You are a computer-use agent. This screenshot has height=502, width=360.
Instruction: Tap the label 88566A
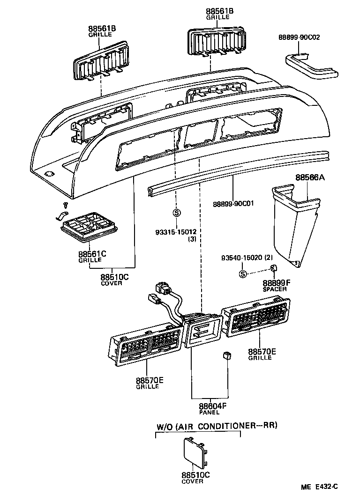[310, 178]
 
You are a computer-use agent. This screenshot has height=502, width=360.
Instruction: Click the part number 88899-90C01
[233, 204]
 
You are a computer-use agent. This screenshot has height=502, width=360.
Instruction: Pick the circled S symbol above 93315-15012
[177, 213]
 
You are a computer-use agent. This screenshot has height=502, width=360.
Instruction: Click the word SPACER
[274, 289]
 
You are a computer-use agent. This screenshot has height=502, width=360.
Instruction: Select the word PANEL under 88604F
[209, 413]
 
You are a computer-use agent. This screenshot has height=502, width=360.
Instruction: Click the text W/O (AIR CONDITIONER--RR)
[217, 426]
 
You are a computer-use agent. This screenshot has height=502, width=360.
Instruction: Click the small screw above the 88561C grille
[66, 205]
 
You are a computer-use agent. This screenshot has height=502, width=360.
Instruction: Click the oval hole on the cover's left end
[49, 174]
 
